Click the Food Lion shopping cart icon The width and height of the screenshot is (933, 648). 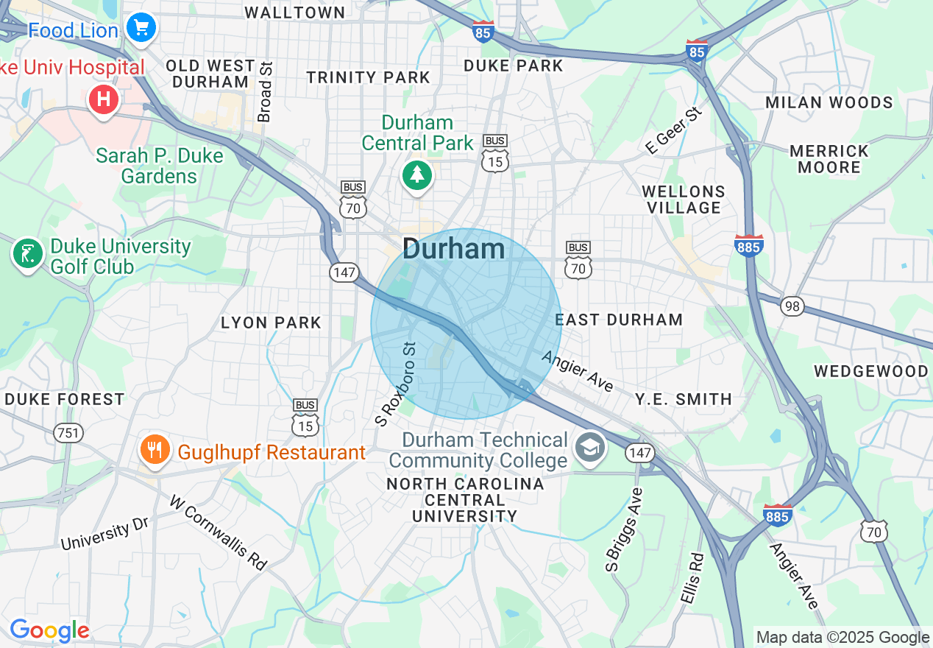click(141, 29)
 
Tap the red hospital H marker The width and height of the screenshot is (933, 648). click(104, 99)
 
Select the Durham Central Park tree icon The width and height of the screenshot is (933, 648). click(417, 175)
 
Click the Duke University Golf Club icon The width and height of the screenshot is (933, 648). click(27, 254)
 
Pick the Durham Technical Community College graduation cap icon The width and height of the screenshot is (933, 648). click(589, 448)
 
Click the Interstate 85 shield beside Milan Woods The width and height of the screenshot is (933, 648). click(696, 51)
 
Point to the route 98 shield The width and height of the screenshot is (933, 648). click(792, 307)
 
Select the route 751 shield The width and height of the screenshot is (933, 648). click(68, 433)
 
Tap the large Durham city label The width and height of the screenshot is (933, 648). click(453, 249)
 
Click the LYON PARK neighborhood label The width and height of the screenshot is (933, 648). click(272, 323)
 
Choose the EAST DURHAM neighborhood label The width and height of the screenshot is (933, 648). click(619, 320)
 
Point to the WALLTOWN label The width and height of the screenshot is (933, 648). click(294, 13)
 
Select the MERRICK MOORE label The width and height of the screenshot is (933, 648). click(829, 159)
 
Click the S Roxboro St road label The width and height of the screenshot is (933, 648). click(395, 383)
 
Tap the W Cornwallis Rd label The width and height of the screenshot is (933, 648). click(218, 532)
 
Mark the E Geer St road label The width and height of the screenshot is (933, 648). click(674, 130)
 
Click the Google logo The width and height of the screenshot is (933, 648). click(49, 631)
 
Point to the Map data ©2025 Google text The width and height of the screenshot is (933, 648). click(842, 638)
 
